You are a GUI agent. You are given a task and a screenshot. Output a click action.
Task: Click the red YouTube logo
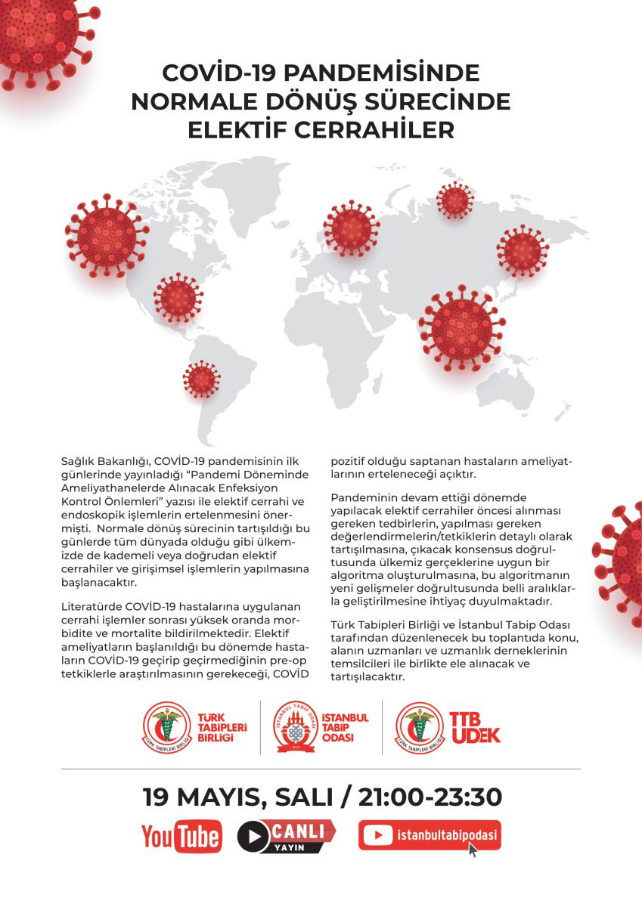[x=181, y=837]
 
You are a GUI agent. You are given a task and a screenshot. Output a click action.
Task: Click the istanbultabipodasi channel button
[x=429, y=835]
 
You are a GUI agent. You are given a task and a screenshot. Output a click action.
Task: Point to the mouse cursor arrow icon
[x=473, y=850]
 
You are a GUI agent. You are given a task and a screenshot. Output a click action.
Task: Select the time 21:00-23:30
[x=426, y=797]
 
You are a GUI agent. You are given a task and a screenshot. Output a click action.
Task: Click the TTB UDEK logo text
[x=475, y=726]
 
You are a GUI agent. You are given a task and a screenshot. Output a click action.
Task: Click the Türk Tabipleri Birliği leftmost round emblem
[x=167, y=727]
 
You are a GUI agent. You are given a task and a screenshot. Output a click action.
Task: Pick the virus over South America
[x=201, y=379]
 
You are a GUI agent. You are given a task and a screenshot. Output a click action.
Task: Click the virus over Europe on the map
[x=351, y=228]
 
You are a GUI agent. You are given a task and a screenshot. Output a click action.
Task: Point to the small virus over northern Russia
[x=455, y=200]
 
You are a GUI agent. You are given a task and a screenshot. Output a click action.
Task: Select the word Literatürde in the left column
[x=91, y=606]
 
